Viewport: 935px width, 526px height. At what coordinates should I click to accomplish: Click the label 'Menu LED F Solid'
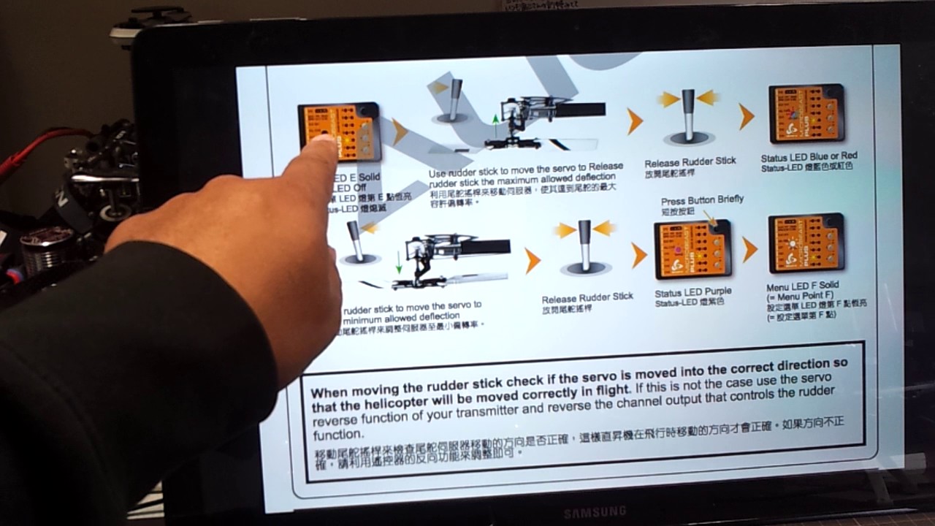(802, 286)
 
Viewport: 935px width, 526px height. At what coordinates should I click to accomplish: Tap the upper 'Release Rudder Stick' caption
(690, 161)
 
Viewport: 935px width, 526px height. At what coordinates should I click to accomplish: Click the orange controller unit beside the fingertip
(340, 131)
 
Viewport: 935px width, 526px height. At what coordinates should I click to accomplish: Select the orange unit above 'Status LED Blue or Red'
(807, 113)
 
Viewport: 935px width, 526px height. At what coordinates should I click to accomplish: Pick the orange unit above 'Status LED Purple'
(692, 250)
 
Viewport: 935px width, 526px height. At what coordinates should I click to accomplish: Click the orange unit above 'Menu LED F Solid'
(806, 243)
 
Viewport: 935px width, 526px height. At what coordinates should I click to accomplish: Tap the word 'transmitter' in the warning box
(504, 411)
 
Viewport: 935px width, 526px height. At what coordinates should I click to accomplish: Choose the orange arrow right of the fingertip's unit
(400, 131)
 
